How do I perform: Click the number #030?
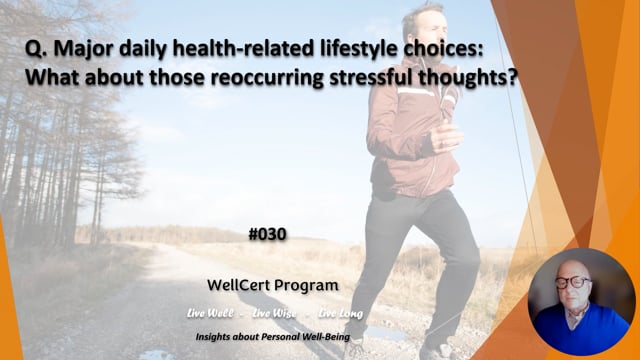[266, 235]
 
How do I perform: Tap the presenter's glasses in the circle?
[573, 283]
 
